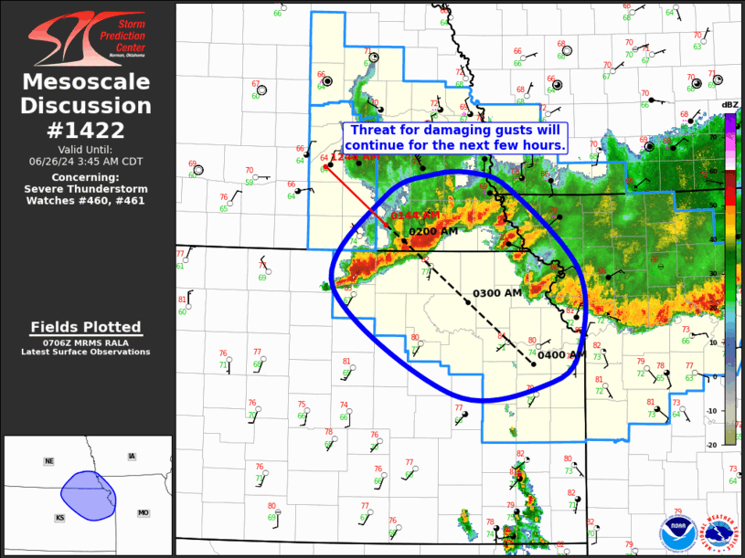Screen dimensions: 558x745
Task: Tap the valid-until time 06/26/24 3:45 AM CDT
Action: [x=86, y=161]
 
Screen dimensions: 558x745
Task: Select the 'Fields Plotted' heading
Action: [x=86, y=327]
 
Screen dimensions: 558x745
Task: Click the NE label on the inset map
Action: [x=48, y=461]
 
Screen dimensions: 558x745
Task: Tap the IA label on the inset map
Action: [x=132, y=456]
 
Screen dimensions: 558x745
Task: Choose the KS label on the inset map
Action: [x=59, y=518]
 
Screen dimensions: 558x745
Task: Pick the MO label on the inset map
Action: [x=144, y=513]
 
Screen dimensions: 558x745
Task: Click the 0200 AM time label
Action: [x=433, y=232]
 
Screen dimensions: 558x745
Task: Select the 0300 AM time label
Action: [x=496, y=293]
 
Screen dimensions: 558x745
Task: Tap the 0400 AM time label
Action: [x=561, y=355]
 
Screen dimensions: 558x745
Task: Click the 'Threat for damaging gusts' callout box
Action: [x=456, y=138]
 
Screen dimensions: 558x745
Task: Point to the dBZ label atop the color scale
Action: [x=729, y=105]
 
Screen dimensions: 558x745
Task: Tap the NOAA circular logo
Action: [x=676, y=533]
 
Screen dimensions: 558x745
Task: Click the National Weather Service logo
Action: [x=720, y=533]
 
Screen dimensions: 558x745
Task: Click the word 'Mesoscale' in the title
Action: [x=86, y=82]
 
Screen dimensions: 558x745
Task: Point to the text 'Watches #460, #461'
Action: [x=86, y=200]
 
